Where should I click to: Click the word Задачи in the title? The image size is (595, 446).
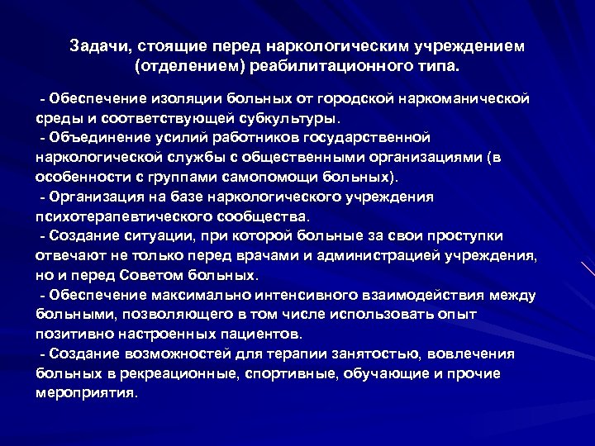[x=96, y=45]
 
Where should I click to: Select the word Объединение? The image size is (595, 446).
[x=97, y=136]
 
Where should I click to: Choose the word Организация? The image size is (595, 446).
[x=98, y=197]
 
